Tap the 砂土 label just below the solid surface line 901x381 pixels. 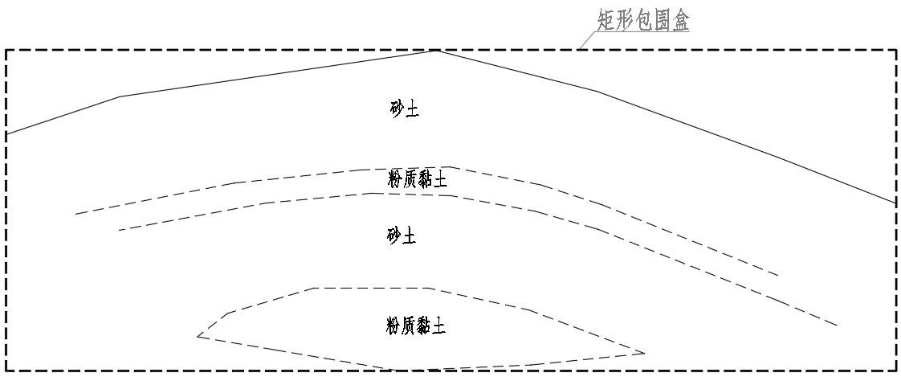coord(402,109)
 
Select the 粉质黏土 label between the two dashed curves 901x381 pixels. coord(417,180)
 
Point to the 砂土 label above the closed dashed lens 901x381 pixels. coord(402,236)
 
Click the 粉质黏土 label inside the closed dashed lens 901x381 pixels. coord(416,326)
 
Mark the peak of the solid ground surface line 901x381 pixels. coord(436,51)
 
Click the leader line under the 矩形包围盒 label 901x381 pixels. coord(591,41)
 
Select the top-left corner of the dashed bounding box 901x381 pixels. coord(6,50)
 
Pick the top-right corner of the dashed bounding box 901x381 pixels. coord(895,50)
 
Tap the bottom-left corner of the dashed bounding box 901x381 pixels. coord(6,371)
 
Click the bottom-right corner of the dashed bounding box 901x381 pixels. coord(895,371)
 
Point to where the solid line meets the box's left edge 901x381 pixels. coord(6,134)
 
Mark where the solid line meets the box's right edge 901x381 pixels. coord(895,203)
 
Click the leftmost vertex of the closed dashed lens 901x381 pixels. coord(198,336)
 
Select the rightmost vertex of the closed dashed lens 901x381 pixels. coord(645,353)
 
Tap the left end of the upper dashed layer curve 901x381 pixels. coord(75,214)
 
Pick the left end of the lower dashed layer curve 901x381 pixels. coord(118,231)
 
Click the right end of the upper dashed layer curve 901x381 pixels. coord(778,276)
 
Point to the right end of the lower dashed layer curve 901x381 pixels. coord(838,326)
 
